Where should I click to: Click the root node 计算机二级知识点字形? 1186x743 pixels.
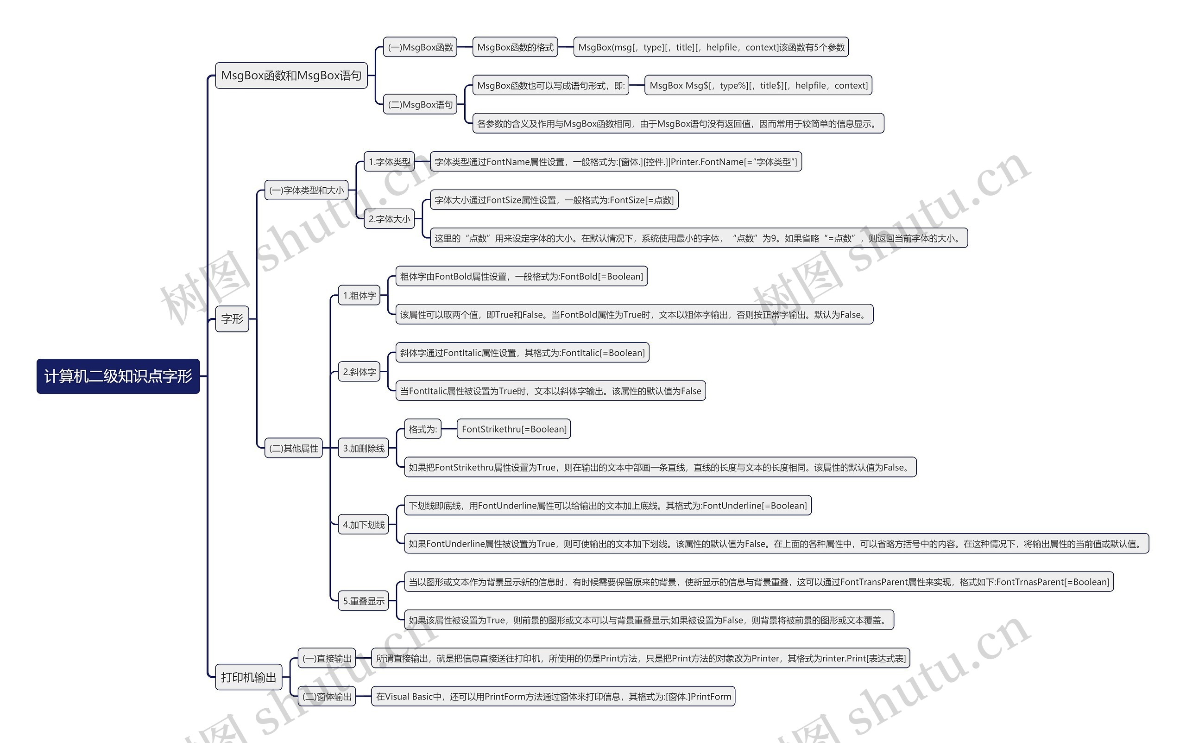pyautogui.click(x=118, y=376)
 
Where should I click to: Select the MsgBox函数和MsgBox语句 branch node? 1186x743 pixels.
pyautogui.click(x=291, y=76)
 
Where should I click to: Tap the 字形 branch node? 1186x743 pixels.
pyautogui.click(x=232, y=319)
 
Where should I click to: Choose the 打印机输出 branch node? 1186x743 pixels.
pyautogui.click(x=248, y=677)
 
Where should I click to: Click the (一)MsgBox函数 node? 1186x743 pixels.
pyautogui.click(x=420, y=47)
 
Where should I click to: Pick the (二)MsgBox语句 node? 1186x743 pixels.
pyautogui.click(x=420, y=105)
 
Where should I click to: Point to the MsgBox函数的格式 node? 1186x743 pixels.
pyautogui.click(x=515, y=47)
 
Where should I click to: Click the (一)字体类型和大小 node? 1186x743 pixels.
pyautogui.click(x=306, y=190)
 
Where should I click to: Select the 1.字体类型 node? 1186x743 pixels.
pyautogui.click(x=390, y=162)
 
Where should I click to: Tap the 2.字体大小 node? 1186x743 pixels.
pyautogui.click(x=390, y=219)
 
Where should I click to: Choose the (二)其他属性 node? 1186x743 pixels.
pyautogui.click(x=294, y=448)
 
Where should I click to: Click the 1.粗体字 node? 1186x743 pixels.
pyautogui.click(x=360, y=295)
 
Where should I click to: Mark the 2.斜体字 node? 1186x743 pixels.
pyautogui.click(x=360, y=372)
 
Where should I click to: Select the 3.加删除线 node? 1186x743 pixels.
pyautogui.click(x=363, y=448)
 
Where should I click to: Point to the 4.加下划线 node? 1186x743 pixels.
pyautogui.click(x=363, y=525)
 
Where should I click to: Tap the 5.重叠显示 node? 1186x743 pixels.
pyautogui.click(x=363, y=601)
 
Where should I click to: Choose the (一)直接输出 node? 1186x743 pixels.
pyautogui.click(x=327, y=659)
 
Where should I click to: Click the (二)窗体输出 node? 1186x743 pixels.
pyautogui.click(x=327, y=696)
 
